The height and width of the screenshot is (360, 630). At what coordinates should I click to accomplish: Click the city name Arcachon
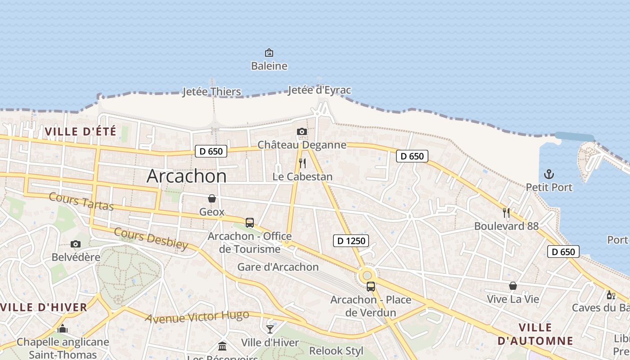coord(186,176)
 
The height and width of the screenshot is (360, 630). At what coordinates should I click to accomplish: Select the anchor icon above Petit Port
coord(549,174)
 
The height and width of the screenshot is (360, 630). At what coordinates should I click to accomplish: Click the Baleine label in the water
coord(269,66)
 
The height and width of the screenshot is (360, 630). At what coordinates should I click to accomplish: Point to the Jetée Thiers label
coord(211,92)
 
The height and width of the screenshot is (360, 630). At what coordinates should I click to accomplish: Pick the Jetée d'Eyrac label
coord(319,90)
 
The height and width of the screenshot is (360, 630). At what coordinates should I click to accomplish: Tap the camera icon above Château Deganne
coord(302,132)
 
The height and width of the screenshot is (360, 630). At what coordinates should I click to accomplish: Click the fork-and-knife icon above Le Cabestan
coord(302,163)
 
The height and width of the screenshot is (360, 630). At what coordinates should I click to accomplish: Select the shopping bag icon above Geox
coord(211,198)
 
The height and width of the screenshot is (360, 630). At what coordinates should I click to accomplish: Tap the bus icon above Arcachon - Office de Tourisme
coord(249,223)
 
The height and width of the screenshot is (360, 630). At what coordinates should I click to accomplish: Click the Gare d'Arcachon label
coord(278,267)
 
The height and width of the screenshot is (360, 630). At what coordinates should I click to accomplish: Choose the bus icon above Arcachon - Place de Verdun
coord(371,286)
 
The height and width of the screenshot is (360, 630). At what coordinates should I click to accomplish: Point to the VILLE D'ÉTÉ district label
coord(81,132)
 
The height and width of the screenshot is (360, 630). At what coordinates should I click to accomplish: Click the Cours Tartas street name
coord(81,201)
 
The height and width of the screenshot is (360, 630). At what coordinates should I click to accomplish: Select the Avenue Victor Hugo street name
coord(197,317)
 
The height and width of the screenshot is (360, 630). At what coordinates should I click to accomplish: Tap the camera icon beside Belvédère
coord(76,244)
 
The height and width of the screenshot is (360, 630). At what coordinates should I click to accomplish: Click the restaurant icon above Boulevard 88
coord(506,212)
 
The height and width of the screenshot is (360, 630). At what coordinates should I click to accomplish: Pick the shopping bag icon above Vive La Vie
coord(513,286)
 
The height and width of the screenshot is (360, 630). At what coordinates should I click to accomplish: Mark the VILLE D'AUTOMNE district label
coord(535,334)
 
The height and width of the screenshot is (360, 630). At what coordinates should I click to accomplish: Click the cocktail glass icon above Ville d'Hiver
coord(270,329)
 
